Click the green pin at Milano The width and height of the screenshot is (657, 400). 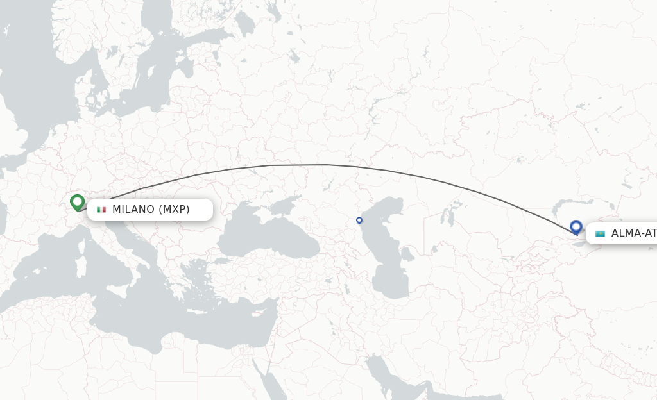coord(78,202)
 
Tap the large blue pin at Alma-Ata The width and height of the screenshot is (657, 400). coord(576,227)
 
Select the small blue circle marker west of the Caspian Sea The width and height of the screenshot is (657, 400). coord(359,220)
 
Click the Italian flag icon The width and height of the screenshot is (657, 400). coord(101,210)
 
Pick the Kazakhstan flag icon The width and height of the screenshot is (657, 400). coord(600,233)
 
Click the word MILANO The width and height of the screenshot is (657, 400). coord(133,210)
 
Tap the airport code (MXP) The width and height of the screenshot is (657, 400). coord(174,210)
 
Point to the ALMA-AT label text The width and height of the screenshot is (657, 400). coord(633,233)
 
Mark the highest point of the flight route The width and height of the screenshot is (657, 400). coord(308,165)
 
